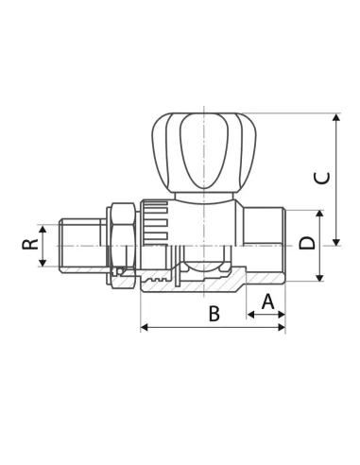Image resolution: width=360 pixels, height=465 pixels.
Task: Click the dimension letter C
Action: pos(322,178)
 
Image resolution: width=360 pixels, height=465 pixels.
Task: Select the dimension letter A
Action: pos(267,301)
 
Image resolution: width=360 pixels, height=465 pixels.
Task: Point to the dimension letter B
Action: pos(214,314)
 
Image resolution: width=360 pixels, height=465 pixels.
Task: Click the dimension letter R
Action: pos(30,244)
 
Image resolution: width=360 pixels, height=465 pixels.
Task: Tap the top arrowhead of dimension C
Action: pos(336,117)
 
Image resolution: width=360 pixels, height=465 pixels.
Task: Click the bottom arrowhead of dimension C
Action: pos(336,242)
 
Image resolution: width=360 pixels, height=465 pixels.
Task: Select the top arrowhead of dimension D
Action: pos(319,214)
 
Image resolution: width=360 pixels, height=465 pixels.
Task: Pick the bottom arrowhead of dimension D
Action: pos(319,278)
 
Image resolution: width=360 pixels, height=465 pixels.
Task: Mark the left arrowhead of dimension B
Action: pos(145,328)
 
